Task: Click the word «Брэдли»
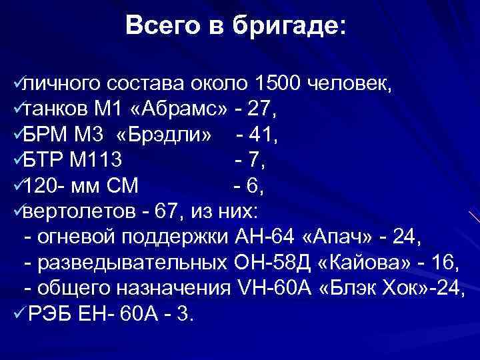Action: (165, 136)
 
